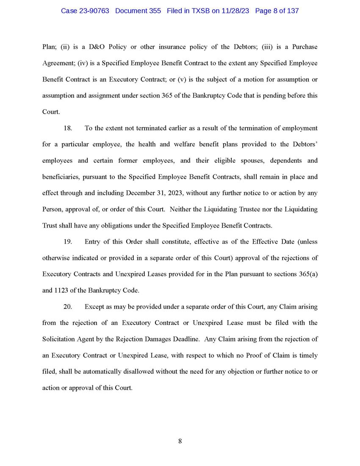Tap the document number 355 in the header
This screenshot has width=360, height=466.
(x=155, y=11)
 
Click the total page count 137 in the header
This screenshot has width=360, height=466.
(x=292, y=11)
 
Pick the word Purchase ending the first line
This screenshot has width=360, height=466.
(x=302, y=47)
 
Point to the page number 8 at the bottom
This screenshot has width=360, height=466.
(x=180, y=441)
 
